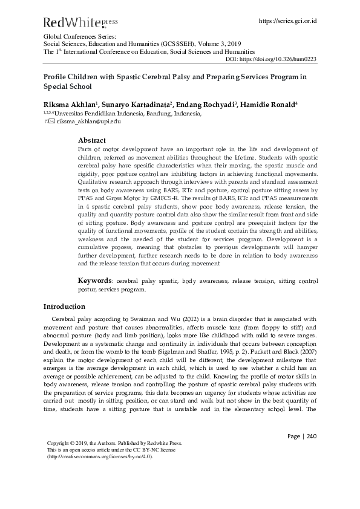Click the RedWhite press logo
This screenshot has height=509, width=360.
(80, 23)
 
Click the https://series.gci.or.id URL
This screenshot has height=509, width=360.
(288, 21)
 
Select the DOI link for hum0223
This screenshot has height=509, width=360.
(279, 59)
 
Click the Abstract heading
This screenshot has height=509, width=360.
(93, 140)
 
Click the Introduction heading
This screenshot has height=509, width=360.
(64, 306)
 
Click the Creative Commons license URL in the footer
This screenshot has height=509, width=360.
(100, 456)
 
